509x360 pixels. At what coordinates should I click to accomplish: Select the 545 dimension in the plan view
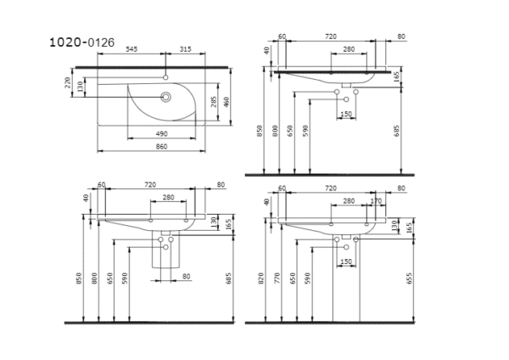[x=132, y=48]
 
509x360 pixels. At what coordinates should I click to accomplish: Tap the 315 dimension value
[x=186, y=48]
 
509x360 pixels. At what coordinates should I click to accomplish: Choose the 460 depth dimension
[x=227, y=102]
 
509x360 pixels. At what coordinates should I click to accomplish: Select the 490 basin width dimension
[x=161, y=133]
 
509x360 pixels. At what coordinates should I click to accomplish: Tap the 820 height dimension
[x=266, y=277]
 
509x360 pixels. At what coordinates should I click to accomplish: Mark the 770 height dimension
[x=277, y=277]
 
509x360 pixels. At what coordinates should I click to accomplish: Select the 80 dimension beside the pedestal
[x=186, y=276]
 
